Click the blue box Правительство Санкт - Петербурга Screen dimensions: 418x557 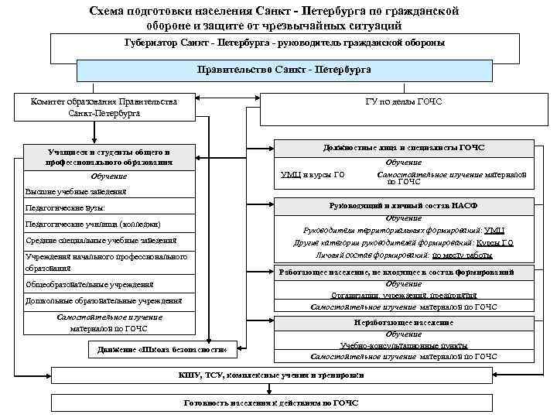pos(284,70)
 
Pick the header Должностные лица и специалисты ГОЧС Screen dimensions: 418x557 pos(404,147)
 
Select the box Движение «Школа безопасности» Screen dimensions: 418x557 pos(162,349)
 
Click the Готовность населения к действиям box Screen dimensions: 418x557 pos(283,403)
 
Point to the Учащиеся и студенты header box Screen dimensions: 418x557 pos(108,157)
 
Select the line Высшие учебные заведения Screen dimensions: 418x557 pos(75,191)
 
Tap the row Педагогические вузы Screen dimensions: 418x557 pos(65,208)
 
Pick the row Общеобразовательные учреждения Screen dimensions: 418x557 pos(90,284)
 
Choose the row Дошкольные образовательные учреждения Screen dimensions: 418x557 pos(104,300)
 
